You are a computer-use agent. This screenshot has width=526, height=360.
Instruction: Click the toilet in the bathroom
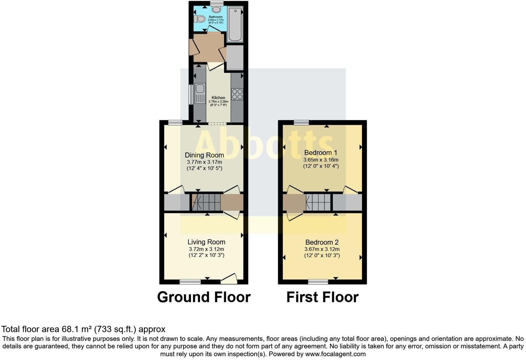[200, 19]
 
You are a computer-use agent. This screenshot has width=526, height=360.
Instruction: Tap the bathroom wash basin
[217, 9]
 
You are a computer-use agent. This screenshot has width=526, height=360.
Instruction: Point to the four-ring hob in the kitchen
[237, 94]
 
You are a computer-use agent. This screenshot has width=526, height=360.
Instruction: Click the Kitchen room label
[218, 98]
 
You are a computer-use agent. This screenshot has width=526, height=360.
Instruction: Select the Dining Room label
[204, 155]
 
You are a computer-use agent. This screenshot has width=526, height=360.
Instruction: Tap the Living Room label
[206, 242]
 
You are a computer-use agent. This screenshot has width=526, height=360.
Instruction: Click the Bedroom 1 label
[320, 153]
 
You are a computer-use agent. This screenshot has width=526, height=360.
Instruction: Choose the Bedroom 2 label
[322, 242]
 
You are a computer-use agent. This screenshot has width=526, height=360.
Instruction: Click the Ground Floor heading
[204, 297]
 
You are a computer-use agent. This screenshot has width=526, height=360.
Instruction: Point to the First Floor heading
[322, 297]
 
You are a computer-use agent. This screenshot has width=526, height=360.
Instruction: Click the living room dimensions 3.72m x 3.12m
[206, 249]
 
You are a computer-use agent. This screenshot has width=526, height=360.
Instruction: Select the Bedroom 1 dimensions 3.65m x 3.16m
[321, 160]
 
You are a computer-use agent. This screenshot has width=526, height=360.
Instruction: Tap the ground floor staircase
[206, 202]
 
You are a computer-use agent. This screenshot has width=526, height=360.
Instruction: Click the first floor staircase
[318, 202]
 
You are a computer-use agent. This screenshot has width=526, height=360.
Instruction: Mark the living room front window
[190, 282]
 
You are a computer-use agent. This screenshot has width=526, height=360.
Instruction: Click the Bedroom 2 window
[318, 282]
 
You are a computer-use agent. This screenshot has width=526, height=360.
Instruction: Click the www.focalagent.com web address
[335, 354]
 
